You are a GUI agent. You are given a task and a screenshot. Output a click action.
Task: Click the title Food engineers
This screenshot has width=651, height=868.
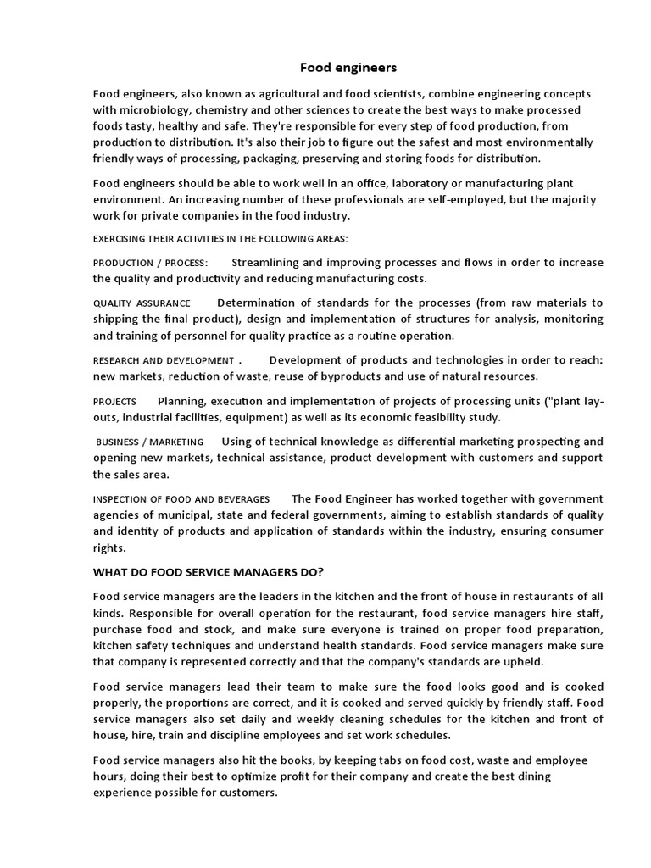coord(337,66)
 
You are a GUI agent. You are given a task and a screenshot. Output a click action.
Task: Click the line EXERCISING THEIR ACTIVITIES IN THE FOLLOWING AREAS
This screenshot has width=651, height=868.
coord(220,239)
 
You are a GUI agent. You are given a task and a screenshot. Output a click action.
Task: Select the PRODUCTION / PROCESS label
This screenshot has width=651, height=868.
coord(150,263)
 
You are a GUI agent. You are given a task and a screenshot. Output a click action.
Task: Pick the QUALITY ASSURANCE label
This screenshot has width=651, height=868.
coord(142,303)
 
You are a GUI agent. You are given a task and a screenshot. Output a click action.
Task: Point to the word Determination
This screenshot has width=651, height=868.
coord(257,303)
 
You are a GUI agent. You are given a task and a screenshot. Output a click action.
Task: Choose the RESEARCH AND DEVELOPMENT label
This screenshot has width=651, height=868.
coord(163,360)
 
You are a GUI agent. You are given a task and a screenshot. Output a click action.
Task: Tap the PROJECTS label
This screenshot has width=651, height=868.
coord(114,401)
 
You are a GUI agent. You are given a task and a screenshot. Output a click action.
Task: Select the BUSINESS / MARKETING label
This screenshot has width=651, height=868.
coord(149,442)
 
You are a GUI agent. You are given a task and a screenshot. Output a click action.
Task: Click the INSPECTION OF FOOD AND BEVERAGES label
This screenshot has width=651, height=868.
coord(181,499)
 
